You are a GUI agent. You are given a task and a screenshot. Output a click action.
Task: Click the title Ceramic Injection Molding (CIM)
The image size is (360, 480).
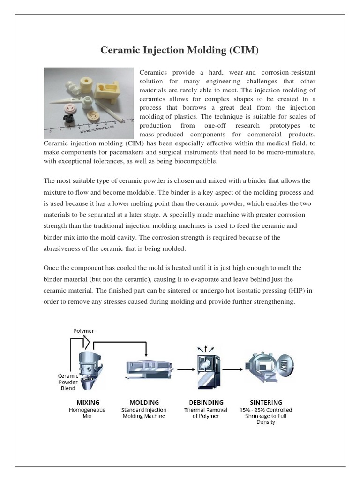coord(180,51)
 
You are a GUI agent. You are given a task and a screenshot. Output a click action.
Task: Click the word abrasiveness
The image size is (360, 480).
coord(64,249)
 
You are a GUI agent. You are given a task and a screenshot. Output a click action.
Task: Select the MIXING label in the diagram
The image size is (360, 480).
coord(88,402)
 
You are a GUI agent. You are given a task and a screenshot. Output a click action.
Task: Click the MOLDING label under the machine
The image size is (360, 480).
coord(144,402)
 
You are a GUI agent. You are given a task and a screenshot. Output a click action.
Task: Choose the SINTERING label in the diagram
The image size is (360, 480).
coord(265,402)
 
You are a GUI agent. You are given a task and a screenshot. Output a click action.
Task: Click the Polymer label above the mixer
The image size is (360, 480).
coord(83,331)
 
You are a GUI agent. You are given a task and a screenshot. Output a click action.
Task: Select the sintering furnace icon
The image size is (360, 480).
coord(265,368)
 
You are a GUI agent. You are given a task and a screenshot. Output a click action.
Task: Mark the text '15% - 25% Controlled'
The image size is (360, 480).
coord(265,410)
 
